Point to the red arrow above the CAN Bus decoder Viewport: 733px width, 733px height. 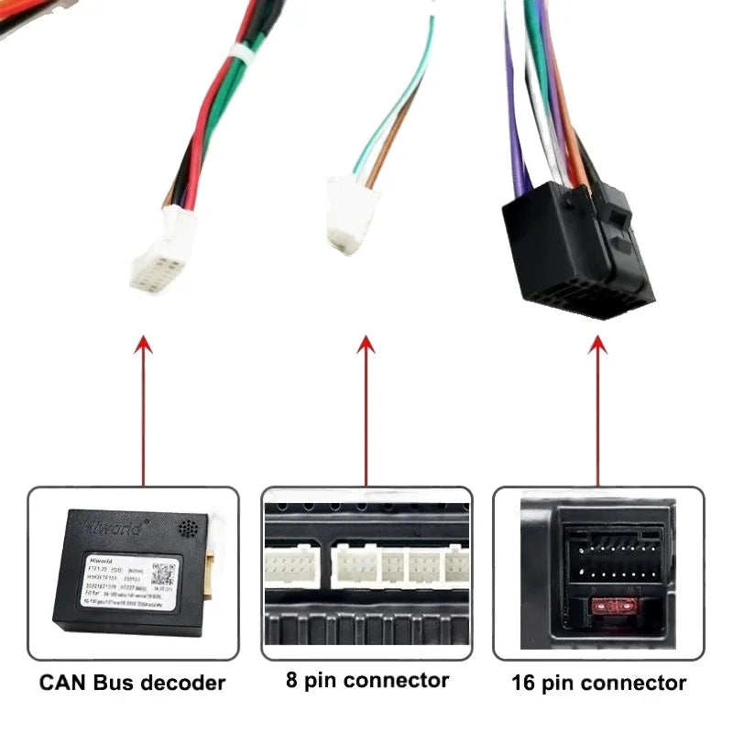click(x=143, y=403)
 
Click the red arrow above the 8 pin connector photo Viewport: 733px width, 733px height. click(x=366, y=403)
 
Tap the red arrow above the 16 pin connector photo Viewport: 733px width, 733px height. click(x=597, y=403)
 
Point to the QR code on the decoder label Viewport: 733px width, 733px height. click(x=163, y=574)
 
